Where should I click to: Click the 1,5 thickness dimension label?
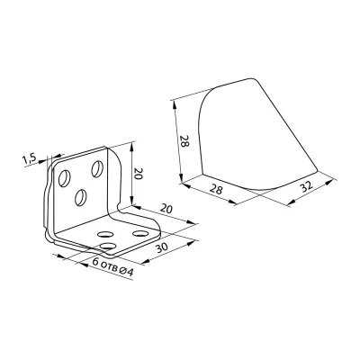[30, 158]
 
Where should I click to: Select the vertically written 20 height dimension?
[138, 174]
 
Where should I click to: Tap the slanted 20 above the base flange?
[166, 208]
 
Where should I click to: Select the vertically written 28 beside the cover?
[184, 140]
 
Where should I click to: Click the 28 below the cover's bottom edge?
[216, 190]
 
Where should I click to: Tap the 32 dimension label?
[306, 186]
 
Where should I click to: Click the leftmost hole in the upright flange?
[65, 178]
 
